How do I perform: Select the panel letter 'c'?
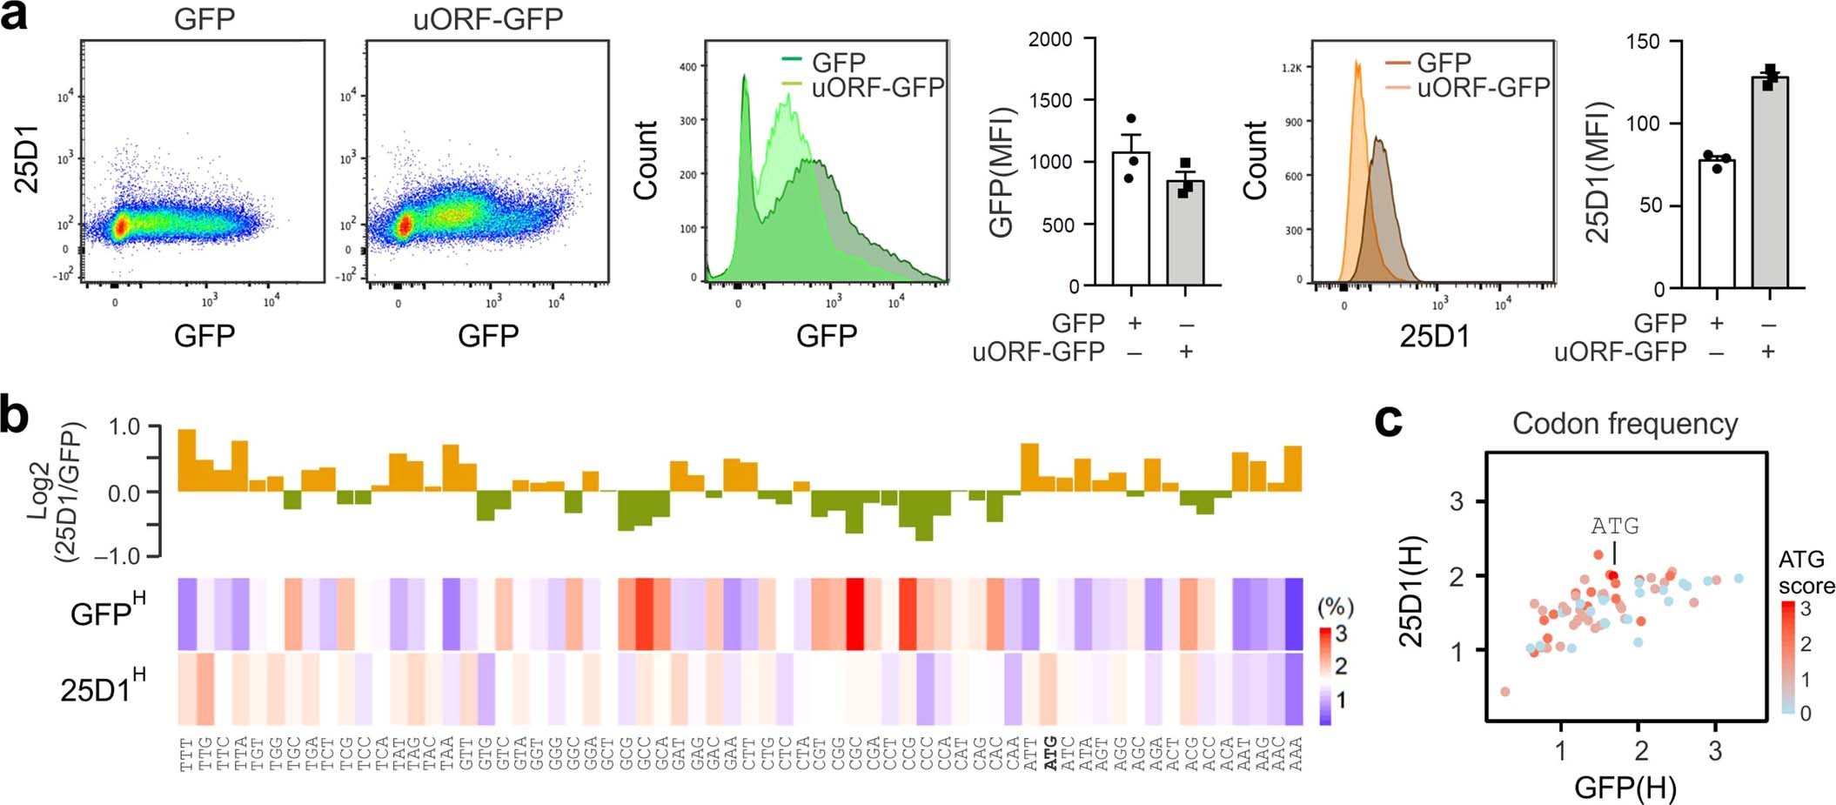1388,421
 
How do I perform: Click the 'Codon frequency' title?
1625,424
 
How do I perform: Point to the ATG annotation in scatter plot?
1614,526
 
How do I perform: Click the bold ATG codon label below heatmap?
1050,753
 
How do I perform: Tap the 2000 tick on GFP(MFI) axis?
1049,39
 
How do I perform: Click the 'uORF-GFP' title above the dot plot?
487,18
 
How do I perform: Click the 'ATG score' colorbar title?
1806,572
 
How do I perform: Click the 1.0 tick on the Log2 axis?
124,426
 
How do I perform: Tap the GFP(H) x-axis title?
1625,787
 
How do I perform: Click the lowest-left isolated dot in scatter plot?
1504,692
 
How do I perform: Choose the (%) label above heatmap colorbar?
1335,607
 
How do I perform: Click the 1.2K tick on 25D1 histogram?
1291,68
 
